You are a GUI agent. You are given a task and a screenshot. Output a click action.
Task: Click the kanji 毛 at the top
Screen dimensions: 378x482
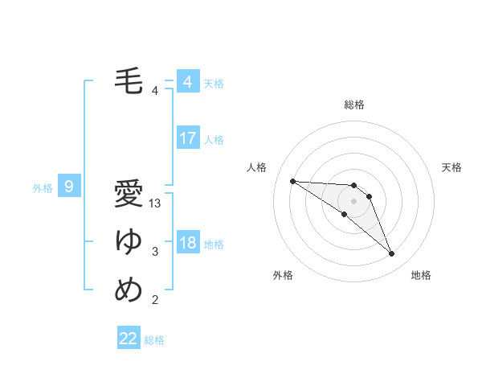click(129, 81)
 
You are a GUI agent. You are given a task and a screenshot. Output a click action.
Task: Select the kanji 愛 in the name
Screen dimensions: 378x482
click(129, 195)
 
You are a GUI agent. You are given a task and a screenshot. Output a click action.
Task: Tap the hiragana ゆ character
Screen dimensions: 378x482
click(129, 241)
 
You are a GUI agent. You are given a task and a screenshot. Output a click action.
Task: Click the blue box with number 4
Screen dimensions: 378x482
click(187, 81)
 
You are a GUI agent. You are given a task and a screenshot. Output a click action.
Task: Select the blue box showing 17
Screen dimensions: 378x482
click(187, 138)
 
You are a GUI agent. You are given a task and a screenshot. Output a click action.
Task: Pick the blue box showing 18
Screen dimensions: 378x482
click(187, 243)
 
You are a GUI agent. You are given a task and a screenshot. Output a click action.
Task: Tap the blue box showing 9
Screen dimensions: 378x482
click(69, 187)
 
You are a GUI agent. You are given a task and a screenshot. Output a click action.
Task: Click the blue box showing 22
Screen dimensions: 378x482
click(129, 339)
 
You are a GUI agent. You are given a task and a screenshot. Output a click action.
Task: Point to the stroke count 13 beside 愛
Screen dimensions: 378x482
click(156, 204)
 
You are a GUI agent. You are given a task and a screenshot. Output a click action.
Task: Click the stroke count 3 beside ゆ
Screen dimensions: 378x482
click(155, 253)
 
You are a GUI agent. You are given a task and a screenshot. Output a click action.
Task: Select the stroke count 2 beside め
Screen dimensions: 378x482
click(155, 301)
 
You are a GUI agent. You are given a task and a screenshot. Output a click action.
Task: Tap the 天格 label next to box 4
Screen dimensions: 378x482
click(214, 83)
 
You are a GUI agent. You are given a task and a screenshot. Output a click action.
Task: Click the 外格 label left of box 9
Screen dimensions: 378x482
click(43, 188)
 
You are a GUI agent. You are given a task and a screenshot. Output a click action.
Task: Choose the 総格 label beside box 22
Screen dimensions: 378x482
click(154, 340)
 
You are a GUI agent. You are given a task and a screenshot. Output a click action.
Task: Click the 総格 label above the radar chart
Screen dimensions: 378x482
click(354, 105)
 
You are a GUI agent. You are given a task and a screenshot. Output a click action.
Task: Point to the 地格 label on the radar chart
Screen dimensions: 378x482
click(421, 276)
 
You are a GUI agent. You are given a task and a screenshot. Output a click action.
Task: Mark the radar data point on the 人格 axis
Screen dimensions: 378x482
click(292, 181)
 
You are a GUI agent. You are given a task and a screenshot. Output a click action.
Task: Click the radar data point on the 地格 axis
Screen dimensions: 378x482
click(392, 254)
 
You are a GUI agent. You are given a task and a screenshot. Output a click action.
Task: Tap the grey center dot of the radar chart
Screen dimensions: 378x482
click(354, 200)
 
